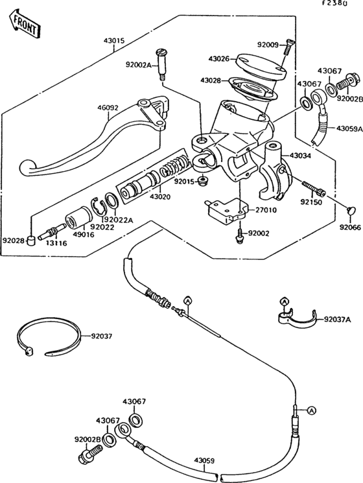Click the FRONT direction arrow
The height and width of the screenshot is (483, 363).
pyautogui.click(x=24, y=25)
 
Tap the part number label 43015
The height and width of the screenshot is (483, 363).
pyautogui.click(x=114, y=41)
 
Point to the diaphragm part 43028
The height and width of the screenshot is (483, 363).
pyautogui.click(x=253, y=88)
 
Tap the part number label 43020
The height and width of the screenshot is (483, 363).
pyautogui.click(x=160, y=196)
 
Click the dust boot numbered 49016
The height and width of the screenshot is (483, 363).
pyautogui.click(x=78, y=217)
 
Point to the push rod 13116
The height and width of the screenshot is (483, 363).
pyautogui.click(x=51, y=232)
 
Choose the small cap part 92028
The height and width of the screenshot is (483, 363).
pyautogui.click(x=30, y=240)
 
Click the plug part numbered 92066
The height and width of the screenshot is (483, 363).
pyautogui.click(x=351, y=211)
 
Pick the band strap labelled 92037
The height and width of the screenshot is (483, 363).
pyautogui.click(x=49, y=337)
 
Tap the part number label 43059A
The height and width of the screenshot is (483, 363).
pyautogui.click(x=350, y=128)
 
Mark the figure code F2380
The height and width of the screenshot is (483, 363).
pyautogui.click(x=334, y=3)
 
